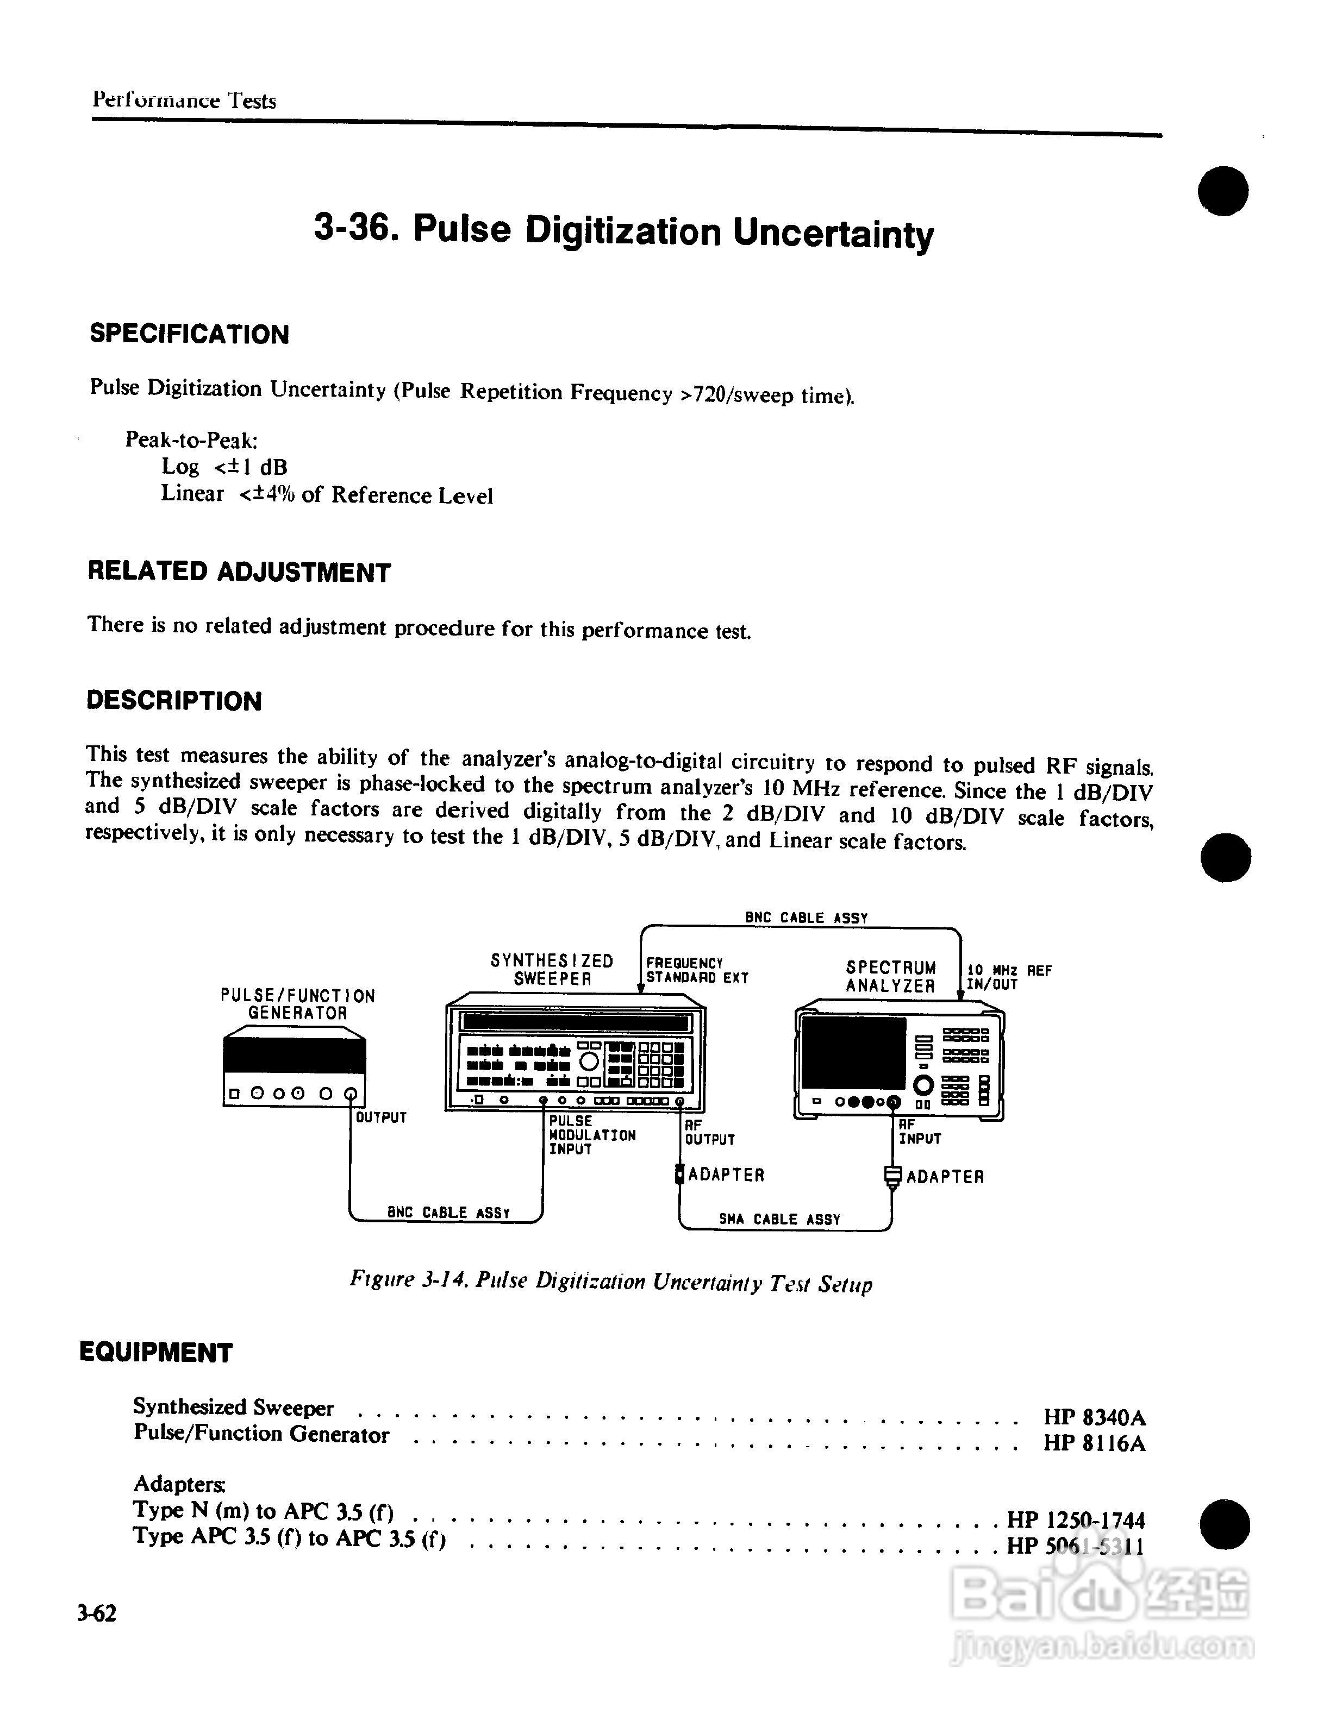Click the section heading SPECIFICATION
(189, 334)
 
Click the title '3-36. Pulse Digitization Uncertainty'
(623, 231)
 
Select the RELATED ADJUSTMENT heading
(239, 572)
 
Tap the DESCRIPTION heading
(174, 701)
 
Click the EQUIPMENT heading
(156, 1352)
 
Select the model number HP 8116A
(1094, 1443)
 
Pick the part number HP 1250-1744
(1076, 1519)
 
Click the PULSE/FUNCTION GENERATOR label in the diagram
(298, 1004)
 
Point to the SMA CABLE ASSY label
(779, 1219)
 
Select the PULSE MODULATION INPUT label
(592, 1135)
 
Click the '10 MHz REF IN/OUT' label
(1009, 978)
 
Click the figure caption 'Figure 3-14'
(611, 1282)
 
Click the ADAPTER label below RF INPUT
(945, 1177)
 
